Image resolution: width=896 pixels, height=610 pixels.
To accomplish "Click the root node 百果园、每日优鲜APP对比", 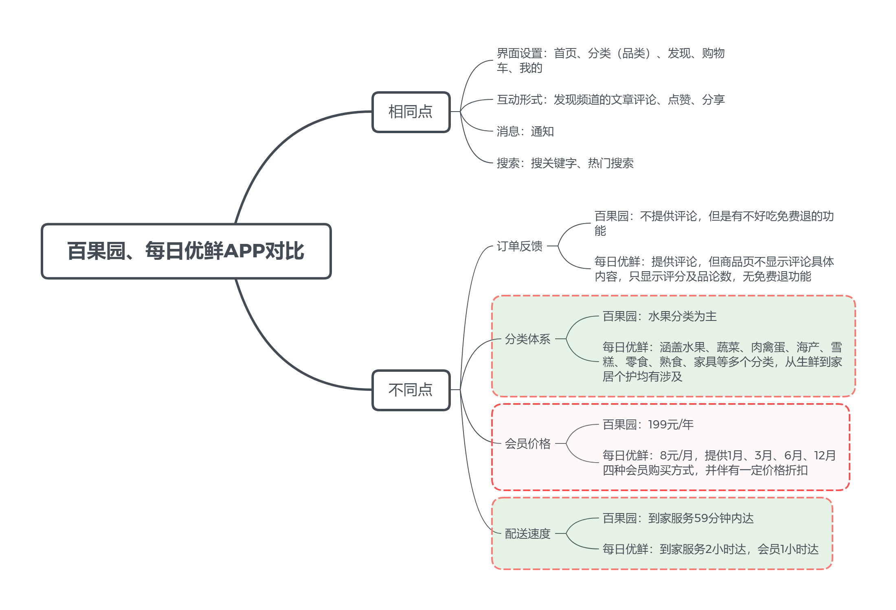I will point(186,251).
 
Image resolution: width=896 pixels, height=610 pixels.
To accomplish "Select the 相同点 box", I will point(411,112).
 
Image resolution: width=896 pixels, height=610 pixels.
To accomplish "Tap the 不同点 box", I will point(411,390).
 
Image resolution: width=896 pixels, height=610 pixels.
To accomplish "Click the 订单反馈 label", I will point(519,246).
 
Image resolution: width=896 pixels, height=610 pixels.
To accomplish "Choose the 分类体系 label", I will point(527,339).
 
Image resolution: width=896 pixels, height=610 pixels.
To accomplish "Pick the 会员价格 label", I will point(527,443).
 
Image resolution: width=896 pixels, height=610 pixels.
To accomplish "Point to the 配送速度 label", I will point(527,533).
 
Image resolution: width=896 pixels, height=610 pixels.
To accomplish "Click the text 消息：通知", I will point(525,132).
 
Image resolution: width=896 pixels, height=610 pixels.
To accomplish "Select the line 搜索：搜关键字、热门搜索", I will point(565,163).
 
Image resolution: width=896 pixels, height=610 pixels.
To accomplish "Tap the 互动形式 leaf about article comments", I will point(611,100).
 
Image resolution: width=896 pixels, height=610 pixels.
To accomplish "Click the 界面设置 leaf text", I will point(611,61).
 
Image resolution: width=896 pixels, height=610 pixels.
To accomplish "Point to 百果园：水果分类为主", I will point(659,316).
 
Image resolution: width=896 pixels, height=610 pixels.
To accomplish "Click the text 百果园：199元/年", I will point(648,425).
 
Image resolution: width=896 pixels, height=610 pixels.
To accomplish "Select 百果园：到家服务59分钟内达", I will point(678,518).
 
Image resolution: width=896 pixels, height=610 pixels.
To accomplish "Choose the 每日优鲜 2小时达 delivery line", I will point(710,549).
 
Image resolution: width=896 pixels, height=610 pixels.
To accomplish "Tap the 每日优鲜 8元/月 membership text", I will point(719,463).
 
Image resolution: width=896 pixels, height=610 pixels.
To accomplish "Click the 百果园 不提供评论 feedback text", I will point(714,223).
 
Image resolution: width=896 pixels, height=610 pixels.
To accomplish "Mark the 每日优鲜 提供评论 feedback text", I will point(714,269).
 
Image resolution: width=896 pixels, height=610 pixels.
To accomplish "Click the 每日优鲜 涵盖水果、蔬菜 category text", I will point(722,362).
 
